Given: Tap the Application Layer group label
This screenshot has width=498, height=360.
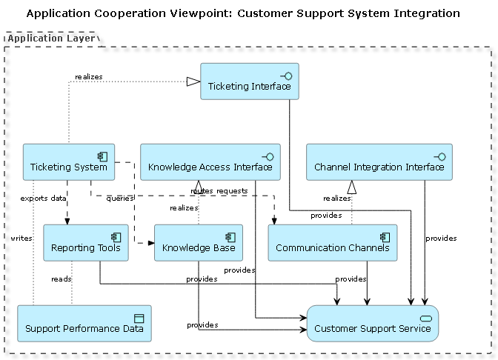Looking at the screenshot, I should click(x=50, y=38).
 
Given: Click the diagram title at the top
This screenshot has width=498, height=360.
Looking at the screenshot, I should click(x=243, y=13).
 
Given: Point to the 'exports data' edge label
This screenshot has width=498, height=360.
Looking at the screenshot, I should click(x=43, y=199).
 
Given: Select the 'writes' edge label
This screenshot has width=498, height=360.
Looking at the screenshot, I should click(x=21, y=238).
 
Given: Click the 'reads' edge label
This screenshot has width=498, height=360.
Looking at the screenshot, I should click(x=61, y=279).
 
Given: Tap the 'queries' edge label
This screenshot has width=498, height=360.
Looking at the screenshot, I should click(x=119, y=199).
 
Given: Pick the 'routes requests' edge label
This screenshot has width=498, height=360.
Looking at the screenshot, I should click(x=219, y=191).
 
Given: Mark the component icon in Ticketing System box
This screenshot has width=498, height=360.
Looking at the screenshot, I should click(x=104, y=156).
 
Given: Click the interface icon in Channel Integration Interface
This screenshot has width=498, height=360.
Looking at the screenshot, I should click(x=440, y=156).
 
